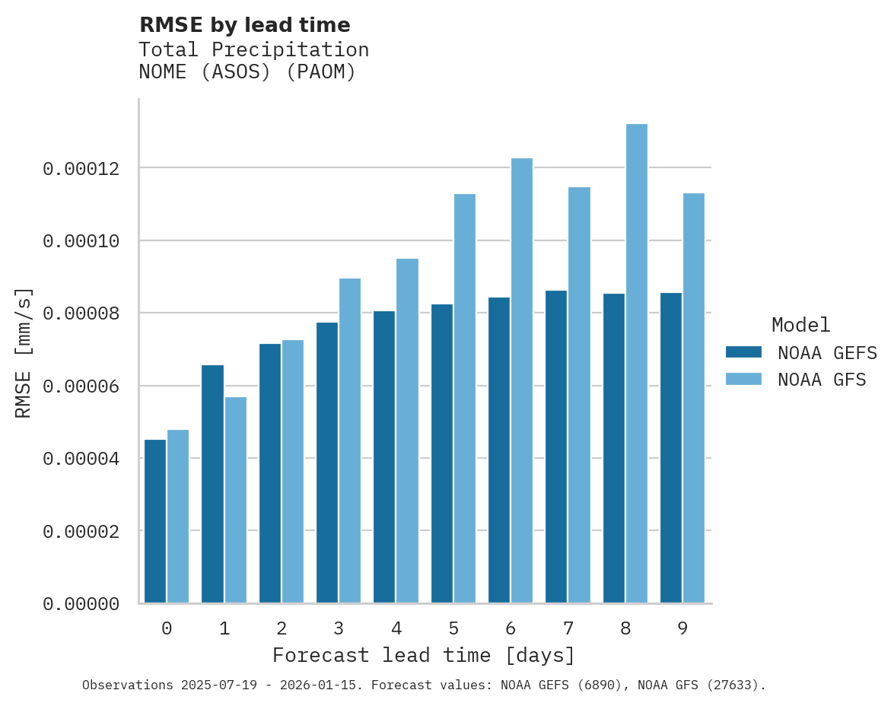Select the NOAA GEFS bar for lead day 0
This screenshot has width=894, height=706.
tap(155, 521)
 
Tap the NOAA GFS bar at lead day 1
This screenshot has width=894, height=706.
tap(235, 500)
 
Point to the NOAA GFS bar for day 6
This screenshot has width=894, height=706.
tap(521, 380)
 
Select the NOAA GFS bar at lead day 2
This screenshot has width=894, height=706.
tap(293, 471)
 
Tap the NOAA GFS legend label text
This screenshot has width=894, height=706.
tap(822, 379)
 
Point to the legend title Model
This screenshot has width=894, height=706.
tap(800, 325)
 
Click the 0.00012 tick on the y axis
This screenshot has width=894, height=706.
tap(81, 168)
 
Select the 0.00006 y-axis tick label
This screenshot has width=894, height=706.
tap(81, 386)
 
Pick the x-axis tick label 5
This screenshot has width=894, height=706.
tap(453, 629)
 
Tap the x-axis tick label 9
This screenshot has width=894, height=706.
tap(682, 629)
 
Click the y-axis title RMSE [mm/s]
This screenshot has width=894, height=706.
tap(24, 352)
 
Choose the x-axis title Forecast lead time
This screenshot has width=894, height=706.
tap(424, 655)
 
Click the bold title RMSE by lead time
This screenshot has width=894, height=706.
tap(245, 25)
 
